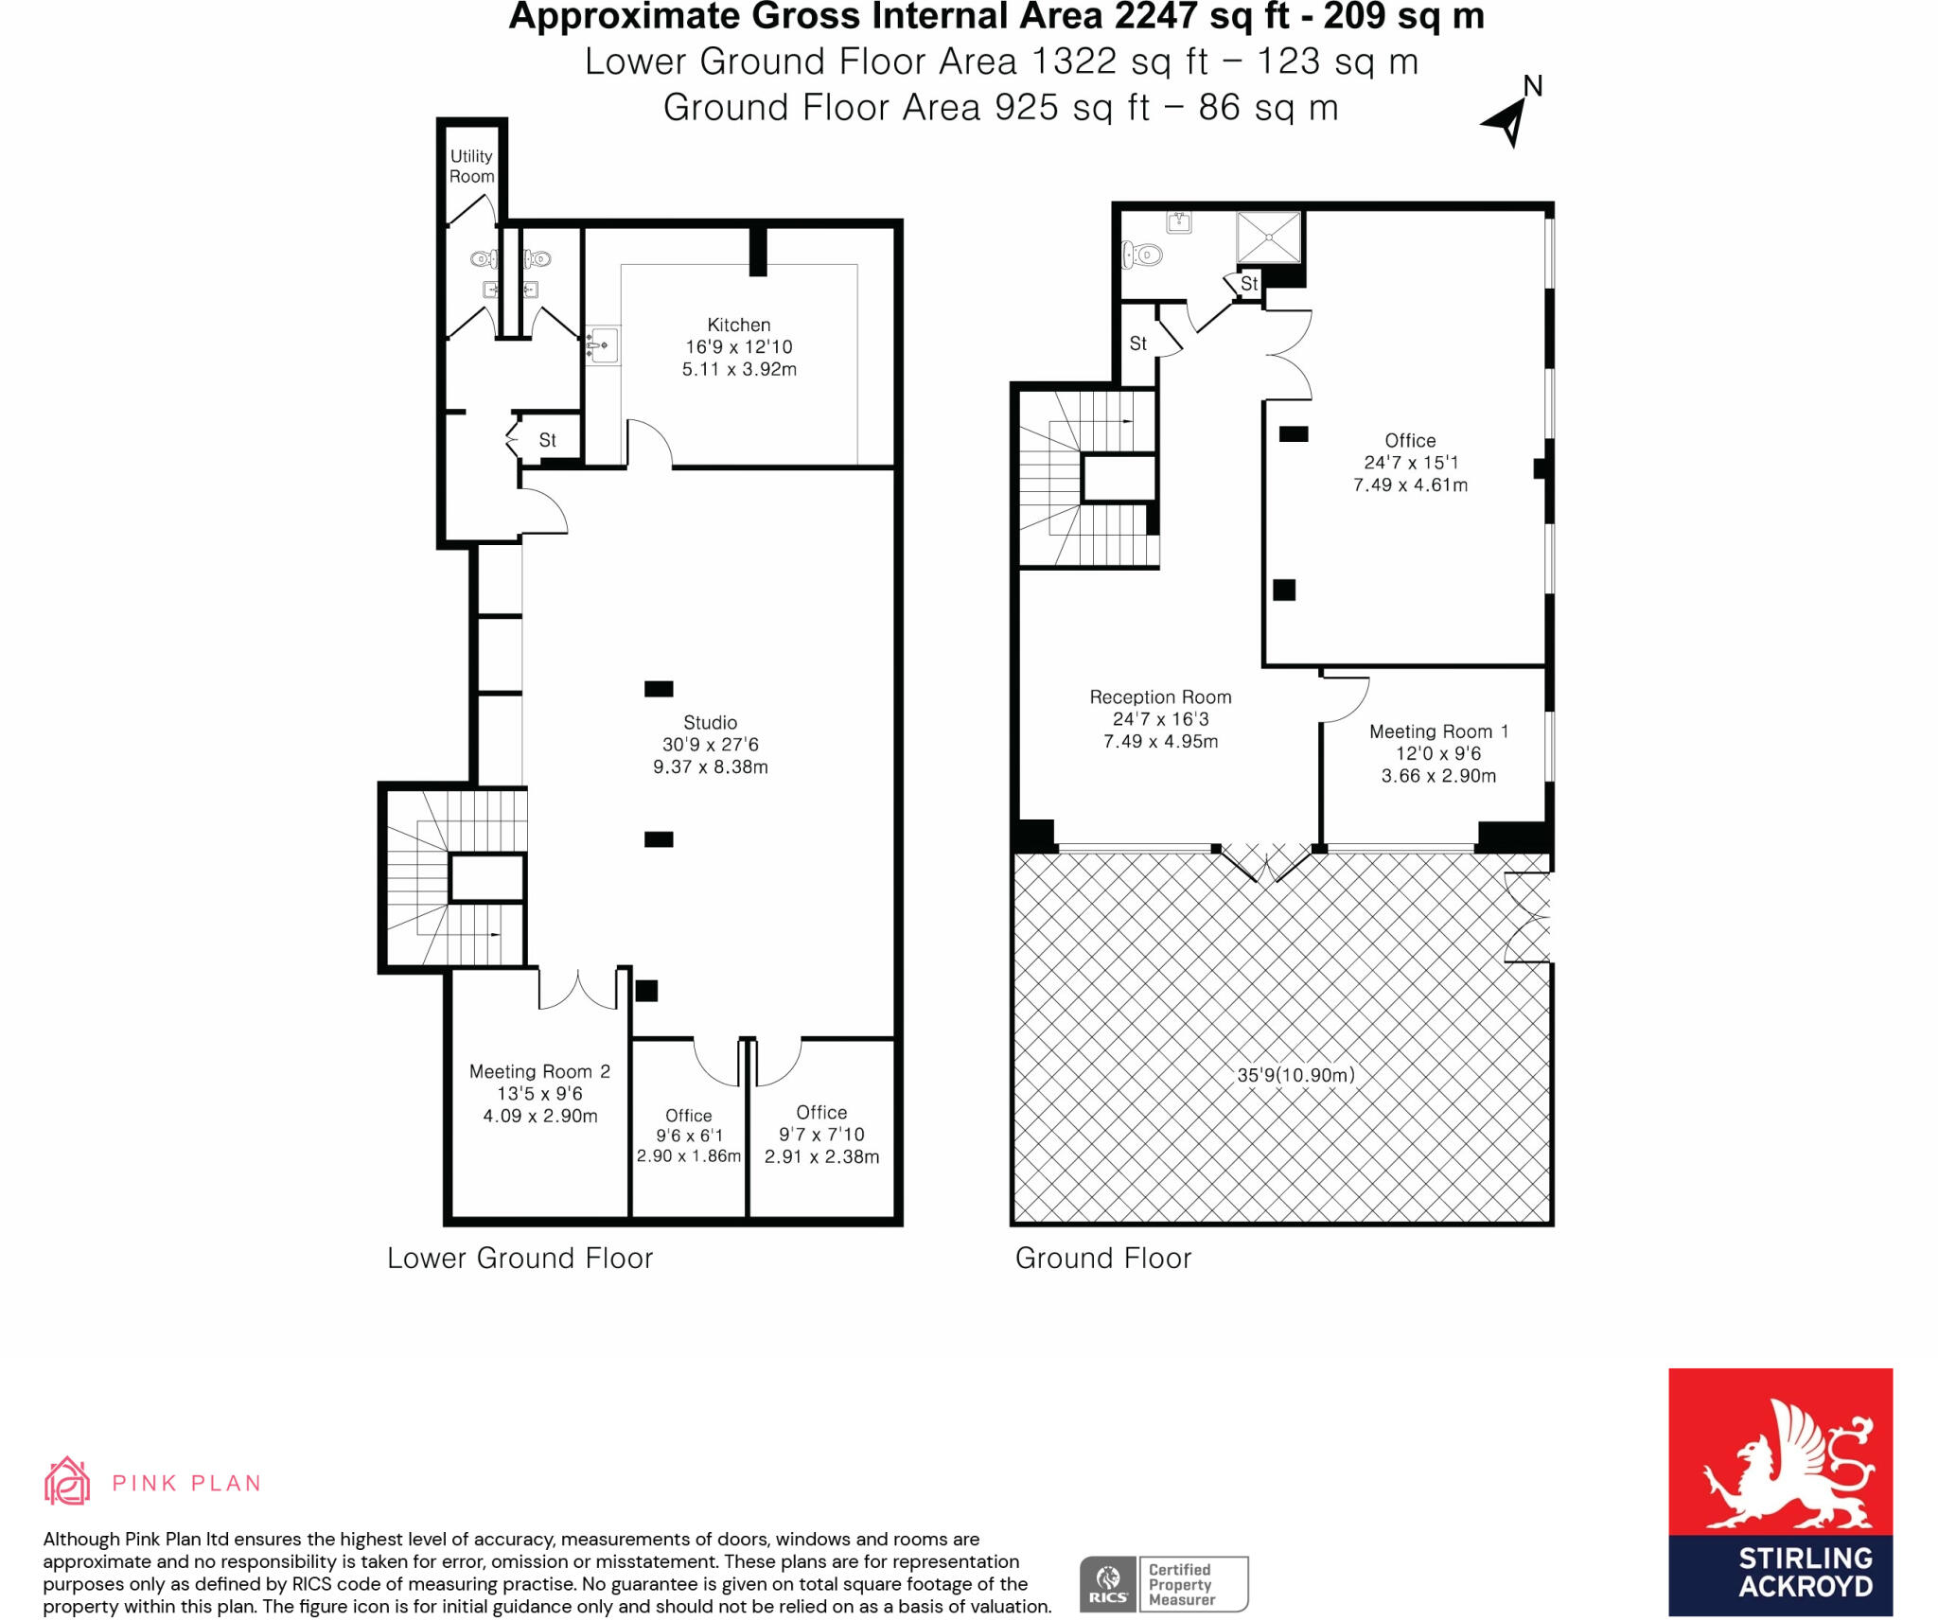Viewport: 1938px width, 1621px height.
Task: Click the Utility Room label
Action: (471, 167)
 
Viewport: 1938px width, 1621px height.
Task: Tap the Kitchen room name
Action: (738, 325)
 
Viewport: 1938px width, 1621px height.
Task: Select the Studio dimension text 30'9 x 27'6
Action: (710, 745)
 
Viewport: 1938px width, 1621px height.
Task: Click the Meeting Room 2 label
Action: (539, 1071)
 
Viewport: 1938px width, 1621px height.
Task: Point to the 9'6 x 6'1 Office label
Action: (688, 1136)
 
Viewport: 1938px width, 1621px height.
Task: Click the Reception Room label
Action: (1160, 697)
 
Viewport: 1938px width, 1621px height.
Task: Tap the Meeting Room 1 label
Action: (1438, 731)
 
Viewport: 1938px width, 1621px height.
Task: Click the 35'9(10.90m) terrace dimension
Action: (1295, 1075)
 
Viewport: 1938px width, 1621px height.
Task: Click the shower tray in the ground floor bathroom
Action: (1268, 237)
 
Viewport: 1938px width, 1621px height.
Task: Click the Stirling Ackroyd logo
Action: (1780, 1491)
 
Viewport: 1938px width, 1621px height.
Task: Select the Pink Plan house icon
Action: (67, 1481)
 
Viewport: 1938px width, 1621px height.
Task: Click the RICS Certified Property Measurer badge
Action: (1163, 1584)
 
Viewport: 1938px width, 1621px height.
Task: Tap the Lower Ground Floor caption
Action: (520, 1259)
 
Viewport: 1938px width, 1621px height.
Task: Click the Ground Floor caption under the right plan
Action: (1102, 1259)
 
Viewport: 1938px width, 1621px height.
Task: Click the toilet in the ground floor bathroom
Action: (1141, 255)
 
